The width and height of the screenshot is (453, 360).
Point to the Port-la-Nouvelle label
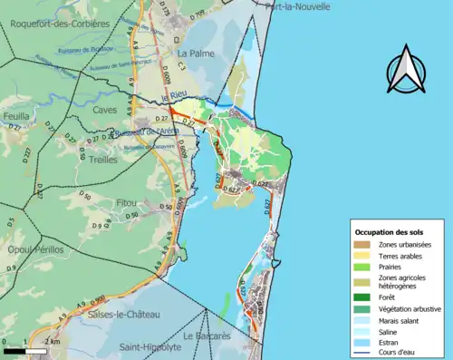click(x=298, y=5)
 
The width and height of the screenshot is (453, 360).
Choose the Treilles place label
click(x=104, y=158)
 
